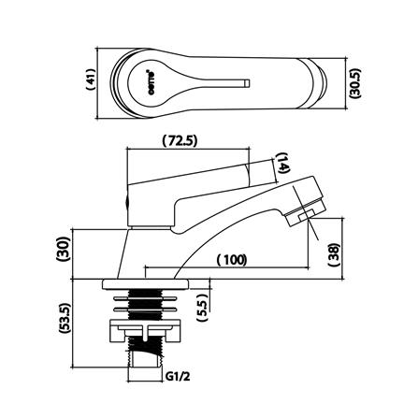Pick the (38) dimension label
(x=334, y=253)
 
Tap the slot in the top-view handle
(x=221, y=83)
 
